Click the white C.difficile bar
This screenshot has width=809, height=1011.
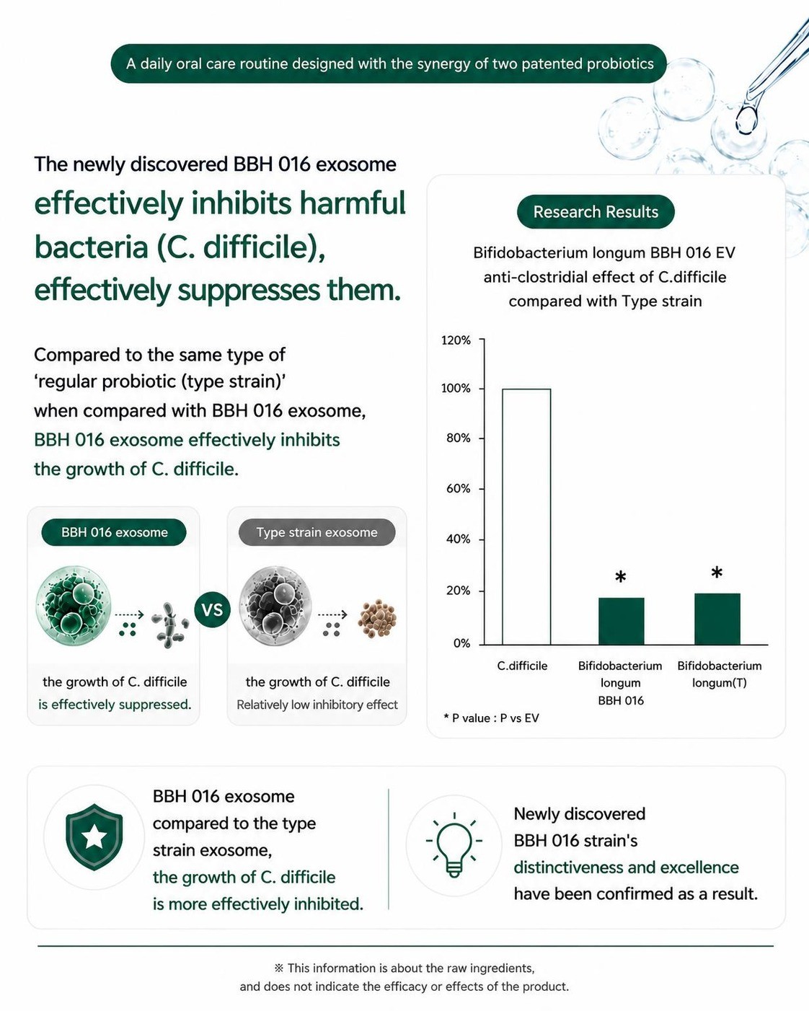[x=526, y=516]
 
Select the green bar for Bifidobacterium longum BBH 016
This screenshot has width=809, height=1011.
[x=621, y=621]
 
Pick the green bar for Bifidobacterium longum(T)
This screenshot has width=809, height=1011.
[x=717, y=619]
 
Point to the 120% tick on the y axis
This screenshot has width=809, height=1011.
[x=481, y=339]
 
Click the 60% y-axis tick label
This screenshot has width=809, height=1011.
[x=458, y=489]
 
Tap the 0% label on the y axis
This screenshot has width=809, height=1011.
[x=461, y=643]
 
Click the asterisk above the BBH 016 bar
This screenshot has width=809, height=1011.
[x=621, y=576]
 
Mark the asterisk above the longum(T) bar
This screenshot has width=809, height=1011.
[x=717, y=573]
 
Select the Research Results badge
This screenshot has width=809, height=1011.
[x=596, y=211]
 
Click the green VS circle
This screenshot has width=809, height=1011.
[x=212, y=609]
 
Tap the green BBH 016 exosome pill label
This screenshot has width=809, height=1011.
[x=114, y=532]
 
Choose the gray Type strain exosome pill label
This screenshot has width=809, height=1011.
[x=317, y=532]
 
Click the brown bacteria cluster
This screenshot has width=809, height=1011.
[x=377, y=618]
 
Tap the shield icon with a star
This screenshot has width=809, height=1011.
[x=94, y=836]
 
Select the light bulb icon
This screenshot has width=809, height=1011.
[x=454, y=844]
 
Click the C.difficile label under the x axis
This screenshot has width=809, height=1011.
[x=522, y=666]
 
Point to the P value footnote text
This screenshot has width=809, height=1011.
[x=491, y=718]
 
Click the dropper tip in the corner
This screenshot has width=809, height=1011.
[x=746, y=120]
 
